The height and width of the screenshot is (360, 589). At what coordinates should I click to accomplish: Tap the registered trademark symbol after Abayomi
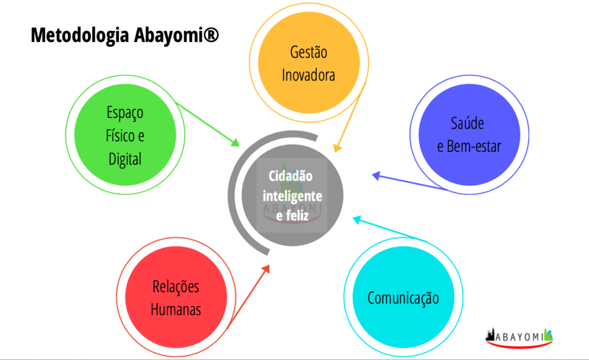click(211, 35)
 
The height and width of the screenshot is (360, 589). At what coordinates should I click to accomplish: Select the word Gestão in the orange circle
click(308, 52)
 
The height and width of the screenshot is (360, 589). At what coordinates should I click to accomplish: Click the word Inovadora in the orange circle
click(308, 75)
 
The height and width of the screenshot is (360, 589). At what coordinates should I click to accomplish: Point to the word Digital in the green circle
click(125, 159)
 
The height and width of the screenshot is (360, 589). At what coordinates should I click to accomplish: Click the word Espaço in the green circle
click(125, 113)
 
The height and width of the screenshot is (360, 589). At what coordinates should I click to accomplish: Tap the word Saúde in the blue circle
click(467, 123)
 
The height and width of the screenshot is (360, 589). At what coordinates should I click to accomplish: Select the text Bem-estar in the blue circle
click(474, 147)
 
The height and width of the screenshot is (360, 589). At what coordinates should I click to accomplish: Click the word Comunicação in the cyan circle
click(403, 298)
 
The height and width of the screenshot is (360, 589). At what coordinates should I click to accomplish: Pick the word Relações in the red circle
click(176, 287)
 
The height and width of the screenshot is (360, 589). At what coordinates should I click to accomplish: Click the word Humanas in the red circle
click(176, 310)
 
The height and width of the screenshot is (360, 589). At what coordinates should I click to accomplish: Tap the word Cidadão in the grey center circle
click(290, 175)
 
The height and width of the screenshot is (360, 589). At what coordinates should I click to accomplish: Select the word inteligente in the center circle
click(292, 196)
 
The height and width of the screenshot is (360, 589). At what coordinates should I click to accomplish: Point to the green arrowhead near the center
click(235, 142)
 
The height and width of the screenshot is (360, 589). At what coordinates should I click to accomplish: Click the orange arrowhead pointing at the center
click(337, 148)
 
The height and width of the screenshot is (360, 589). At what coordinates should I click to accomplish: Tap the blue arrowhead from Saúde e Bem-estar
click(376, 175)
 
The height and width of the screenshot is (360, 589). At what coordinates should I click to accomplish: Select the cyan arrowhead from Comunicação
click(357, 220)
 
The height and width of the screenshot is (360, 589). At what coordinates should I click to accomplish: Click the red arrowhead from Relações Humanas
click(266, 269)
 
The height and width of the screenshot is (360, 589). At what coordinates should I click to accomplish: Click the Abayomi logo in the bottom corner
click(519, 337)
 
